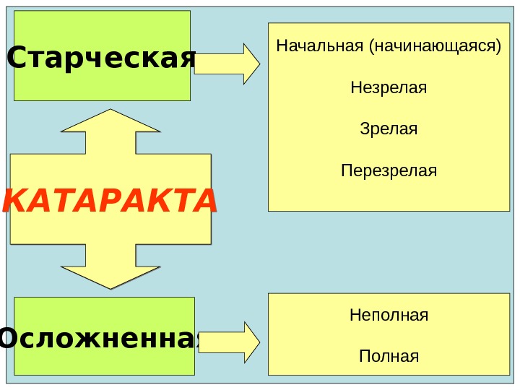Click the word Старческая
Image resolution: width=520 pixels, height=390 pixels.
[101, 58]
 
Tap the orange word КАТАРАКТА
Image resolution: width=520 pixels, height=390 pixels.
[110, 201]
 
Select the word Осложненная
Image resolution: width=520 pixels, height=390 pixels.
[100, 338]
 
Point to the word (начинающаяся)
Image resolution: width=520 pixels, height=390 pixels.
[434, 47]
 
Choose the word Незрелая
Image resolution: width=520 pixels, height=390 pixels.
[389, 88]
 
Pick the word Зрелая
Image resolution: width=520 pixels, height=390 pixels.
[389, 130]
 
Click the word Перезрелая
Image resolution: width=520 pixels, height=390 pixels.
[389, 171]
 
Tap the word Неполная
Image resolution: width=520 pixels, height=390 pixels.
[389, 316]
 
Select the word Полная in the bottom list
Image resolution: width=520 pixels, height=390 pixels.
[389, 357]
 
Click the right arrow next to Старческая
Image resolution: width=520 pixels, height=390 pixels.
[227, 64]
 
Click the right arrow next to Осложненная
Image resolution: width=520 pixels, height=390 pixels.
[230, 342]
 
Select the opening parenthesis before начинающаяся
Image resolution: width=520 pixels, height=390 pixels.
[371, 48]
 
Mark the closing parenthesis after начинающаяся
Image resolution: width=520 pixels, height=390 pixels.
[498, 48]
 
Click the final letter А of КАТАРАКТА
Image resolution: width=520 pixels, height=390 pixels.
[204, 201]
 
